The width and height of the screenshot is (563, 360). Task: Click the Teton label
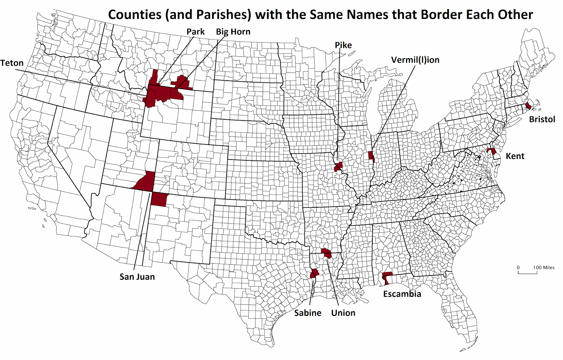12,63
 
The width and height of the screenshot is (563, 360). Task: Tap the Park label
195,32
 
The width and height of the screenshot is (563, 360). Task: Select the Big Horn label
233,32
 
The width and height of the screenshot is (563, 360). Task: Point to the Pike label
343,45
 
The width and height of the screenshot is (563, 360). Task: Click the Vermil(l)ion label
415,60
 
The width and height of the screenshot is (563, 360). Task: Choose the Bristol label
542,119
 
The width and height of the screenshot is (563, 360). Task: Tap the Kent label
515,156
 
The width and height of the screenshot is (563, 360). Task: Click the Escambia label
402,294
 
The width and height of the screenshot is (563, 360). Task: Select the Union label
343,313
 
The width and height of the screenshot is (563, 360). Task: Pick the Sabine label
308,313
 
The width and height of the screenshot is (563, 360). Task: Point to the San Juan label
137,277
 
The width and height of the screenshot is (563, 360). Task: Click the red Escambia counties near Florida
387,276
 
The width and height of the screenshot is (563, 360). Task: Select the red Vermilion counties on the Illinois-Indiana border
371,156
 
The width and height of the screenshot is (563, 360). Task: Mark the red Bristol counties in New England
528,106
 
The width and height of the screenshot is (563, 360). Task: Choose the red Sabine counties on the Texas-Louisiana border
314,273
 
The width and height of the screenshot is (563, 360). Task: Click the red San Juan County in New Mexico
159,200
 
